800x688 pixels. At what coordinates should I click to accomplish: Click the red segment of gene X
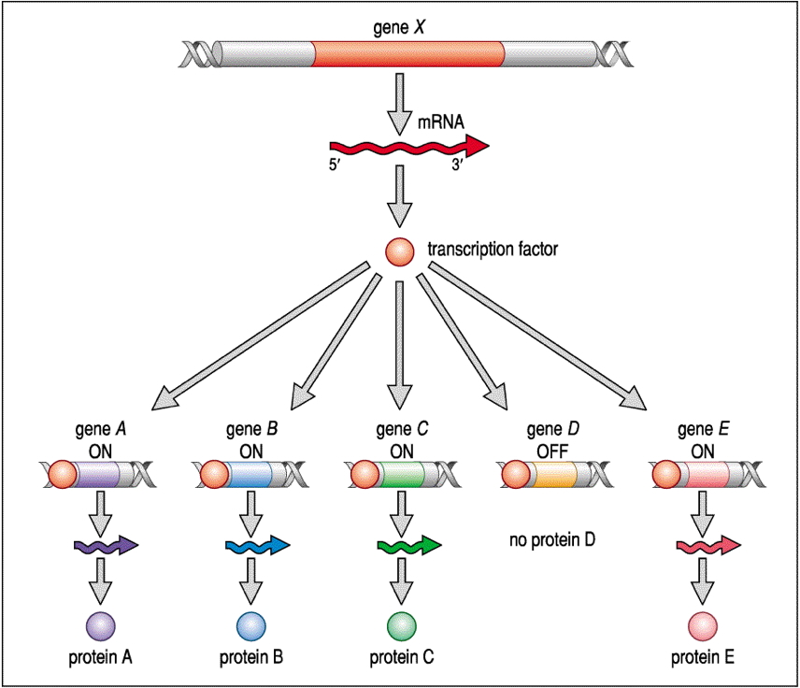(407, 54)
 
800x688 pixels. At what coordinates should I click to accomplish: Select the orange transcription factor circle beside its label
(400, 251)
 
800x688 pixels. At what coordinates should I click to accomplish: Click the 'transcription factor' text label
(493, 250)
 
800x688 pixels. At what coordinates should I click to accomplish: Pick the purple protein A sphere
(100, 624)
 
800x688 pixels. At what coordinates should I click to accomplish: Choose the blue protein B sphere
(250, 624)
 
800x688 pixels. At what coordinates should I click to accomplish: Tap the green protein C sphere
(401, 624)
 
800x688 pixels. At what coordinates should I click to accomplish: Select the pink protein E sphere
(703, 624)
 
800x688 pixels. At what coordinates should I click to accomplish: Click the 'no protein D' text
(552, 539)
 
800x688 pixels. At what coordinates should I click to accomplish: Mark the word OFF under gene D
(551, 448)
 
